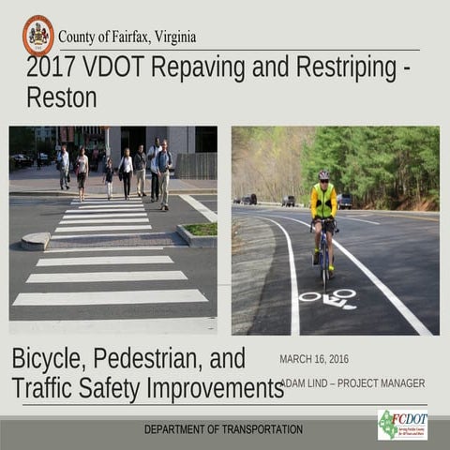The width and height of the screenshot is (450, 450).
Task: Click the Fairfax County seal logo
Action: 38,35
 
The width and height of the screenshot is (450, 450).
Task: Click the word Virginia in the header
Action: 171,37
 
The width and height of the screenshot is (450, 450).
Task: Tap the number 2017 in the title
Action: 51,67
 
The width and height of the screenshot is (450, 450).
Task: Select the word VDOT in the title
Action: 116,67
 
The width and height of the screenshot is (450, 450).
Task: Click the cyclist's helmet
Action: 323,175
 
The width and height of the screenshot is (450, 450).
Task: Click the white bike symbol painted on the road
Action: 328,299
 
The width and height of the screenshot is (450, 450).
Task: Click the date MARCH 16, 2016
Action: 314,359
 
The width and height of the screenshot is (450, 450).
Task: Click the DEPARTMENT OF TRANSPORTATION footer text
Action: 223,429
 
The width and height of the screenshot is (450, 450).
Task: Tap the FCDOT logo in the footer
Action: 402,425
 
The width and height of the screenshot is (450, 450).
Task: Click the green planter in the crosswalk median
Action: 200,229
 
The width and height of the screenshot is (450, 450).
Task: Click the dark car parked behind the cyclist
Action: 345,201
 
